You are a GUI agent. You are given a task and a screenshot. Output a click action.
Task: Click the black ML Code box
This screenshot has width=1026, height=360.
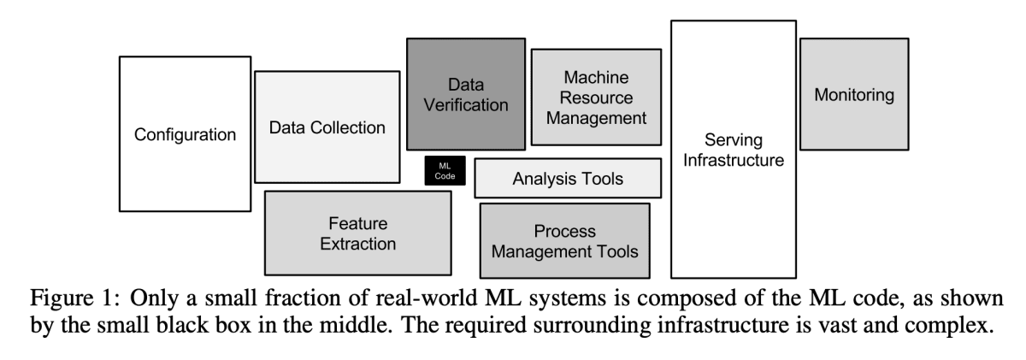click(x=445, y=171)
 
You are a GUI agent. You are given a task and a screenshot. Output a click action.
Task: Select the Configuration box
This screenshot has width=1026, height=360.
click(x=185, y=134)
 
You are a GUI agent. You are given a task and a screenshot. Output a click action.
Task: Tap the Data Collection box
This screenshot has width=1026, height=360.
click(x=327, y=127)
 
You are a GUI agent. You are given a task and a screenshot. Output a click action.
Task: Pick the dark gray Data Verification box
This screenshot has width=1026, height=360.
click(x=466, y=94)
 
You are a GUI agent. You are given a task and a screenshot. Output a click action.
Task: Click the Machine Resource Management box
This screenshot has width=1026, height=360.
click(x=596, y=97)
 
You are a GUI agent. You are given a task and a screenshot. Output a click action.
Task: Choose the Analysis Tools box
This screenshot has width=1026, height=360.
click(x=568, y=179)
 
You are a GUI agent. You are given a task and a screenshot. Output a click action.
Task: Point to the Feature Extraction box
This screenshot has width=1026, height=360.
click(x=357, y=233)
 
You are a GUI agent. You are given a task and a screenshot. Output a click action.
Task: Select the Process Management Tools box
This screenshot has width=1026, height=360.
click(x=565, y=241)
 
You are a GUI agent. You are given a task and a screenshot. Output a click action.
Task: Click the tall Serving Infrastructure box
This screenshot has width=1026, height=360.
click(x=734, y=150)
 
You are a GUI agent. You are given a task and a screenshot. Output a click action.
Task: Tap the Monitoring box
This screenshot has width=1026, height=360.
click(x=854, y=94)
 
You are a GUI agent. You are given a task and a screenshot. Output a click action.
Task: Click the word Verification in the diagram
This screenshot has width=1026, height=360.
click(x=466, y=105)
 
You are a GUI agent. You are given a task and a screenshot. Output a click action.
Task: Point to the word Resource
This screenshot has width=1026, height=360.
click(x=596, y=97)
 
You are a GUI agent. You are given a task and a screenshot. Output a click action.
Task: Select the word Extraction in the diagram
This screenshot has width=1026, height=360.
click(x=357, y=244)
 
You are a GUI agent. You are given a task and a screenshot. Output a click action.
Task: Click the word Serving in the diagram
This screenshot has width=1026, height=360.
click(x=734, y=140)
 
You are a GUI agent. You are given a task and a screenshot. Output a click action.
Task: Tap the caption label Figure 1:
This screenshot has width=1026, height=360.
click(x=75, y=298)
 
